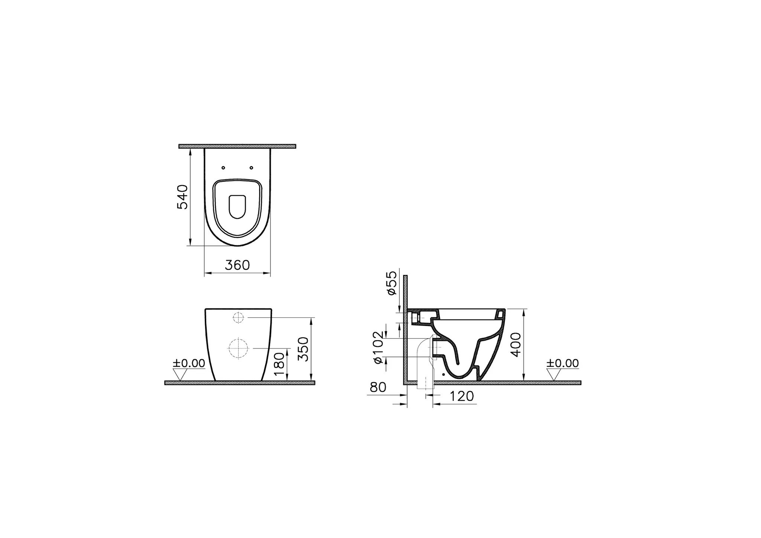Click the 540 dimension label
point(182,197)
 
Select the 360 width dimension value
point(237,265)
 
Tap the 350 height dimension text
point(304,349)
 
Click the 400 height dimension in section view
point(516,345)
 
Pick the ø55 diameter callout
point(392,283)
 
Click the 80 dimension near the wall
point(378,387)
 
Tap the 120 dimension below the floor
point(462,397)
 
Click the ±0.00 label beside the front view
point(189,363)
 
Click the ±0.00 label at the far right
point(563,363)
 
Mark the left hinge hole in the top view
point(223,168)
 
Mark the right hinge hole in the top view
point(252,168)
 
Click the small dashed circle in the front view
point(238,317)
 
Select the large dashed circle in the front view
point(238,348)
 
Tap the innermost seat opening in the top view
point(237,206)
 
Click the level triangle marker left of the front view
point(179,374)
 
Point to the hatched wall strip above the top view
point(237,146)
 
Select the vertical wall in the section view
point(406,327)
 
